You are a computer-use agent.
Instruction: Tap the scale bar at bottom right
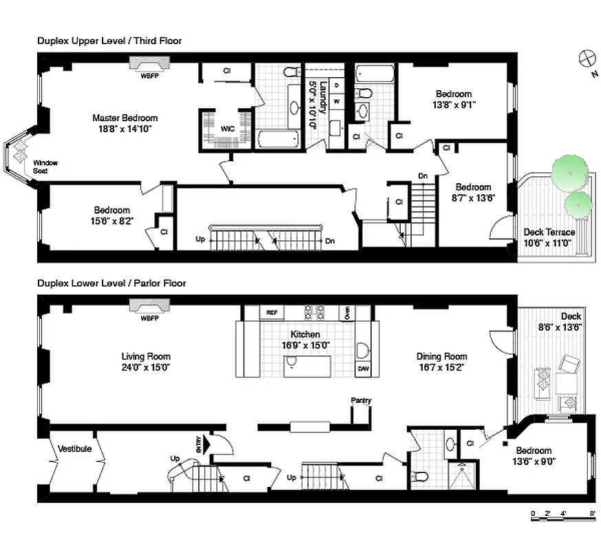point(564,514)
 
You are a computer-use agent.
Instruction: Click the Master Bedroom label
point(125,118)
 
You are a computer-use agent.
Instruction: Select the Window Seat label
point(45,167)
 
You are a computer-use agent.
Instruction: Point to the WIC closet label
point(227,129)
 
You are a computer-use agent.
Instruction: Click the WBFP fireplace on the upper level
point(149,65)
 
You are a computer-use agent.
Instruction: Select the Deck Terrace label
point(549,232)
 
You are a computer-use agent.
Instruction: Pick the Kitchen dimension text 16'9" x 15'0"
point(302,346)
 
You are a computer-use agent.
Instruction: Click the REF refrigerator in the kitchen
point(272,313)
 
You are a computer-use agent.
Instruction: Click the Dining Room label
point(441,356)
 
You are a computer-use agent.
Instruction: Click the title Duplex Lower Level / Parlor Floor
point(112,283)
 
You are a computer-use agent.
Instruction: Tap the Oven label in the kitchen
point(348,313)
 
